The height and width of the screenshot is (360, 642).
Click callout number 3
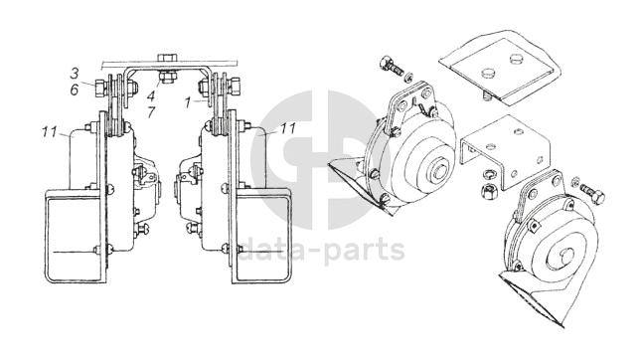[x=75, y=74]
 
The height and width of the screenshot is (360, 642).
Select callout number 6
[x=75, y=90]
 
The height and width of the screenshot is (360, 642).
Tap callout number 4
[x=151, y=96]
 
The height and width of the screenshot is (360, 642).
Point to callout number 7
[x=151, y=111]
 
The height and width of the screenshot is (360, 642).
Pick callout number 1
[x=188, y=102]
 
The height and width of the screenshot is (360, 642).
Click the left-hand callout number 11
[x=50, y=132]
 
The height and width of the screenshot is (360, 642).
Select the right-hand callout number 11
[x=288, y=128]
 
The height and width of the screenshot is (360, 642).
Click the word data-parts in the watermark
[x=321, y=249]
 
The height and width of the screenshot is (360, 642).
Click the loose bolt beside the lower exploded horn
[x=592, y=194]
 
